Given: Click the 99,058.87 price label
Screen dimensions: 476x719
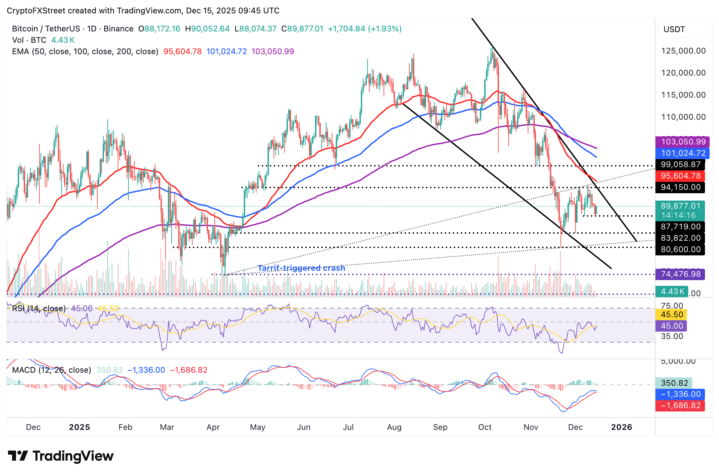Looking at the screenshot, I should click(680, 164).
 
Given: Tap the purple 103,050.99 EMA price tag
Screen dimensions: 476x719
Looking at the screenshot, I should click(683, 142).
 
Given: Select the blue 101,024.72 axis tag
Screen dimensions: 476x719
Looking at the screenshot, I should click(683, 153).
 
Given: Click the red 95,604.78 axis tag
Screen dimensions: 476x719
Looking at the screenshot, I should click(680, 176).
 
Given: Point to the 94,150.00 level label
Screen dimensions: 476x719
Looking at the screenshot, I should click(680, 187).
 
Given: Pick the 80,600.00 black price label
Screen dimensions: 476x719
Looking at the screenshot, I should click(680, 249).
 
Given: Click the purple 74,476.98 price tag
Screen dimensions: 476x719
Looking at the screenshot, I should click(680, 274).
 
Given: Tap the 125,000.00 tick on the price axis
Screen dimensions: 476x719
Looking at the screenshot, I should click(683, 51).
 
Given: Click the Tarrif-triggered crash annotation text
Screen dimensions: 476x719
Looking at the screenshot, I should click(301, 268).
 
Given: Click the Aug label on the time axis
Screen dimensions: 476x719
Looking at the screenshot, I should click(394, 427).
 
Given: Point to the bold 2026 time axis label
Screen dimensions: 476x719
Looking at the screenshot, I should click(621, 427).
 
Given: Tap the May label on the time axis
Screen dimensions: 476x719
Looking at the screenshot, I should click(258, 427).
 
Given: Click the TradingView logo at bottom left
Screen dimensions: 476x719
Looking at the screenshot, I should click(61, 456).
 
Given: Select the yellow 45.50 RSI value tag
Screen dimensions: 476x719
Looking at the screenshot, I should click(672, 315).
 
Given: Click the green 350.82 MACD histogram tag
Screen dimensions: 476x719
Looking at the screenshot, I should click(674, 383).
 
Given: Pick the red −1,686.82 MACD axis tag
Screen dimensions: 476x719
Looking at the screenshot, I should click(680, 405).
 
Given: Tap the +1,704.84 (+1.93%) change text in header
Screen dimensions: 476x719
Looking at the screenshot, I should click(365, 29).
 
